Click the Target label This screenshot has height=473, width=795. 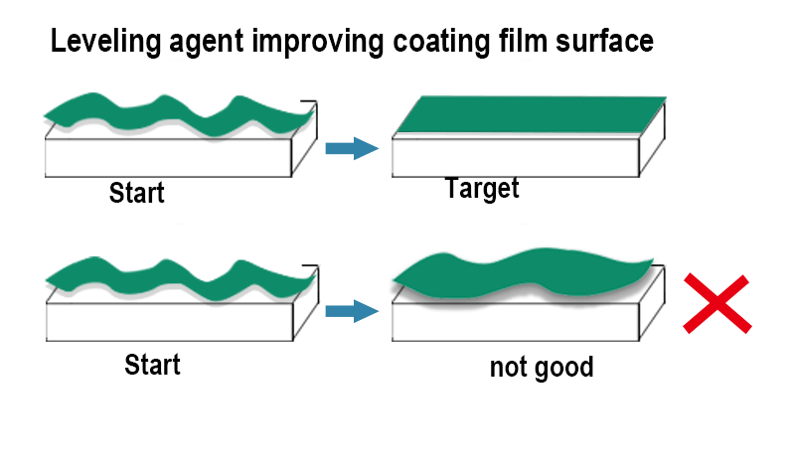coord(482,188)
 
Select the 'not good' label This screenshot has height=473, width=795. coord(541,368)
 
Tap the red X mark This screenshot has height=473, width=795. coord(717,303)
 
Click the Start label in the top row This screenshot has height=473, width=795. coord(136,192)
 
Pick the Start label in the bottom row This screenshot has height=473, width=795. coord(152,364)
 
